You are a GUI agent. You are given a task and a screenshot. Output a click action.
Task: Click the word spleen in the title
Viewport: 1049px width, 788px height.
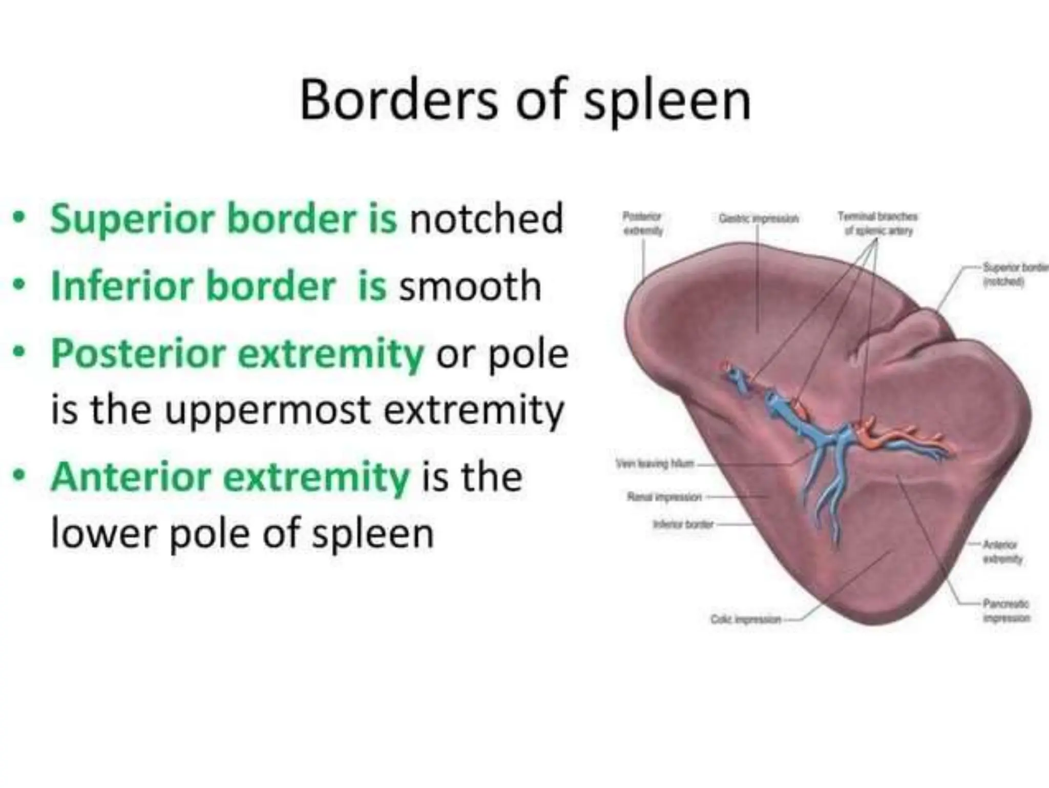pyautogui.click(x=667, y=103)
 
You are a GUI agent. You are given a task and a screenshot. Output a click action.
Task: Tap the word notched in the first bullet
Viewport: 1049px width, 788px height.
pyautogui.click(x=486, y=219)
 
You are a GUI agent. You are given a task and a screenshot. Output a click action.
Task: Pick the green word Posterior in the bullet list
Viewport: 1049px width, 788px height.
pyautogui.click(x=138, y=354)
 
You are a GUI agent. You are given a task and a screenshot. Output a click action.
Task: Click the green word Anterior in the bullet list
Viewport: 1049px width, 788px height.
pyautogui.click(x=131, y=477)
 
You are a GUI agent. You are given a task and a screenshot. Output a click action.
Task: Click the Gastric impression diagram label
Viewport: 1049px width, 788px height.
pyautogui.click(x=759, y=219)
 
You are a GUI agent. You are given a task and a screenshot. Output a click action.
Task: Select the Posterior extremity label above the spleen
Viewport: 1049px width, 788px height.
pyautogui.click(x=642, y=224)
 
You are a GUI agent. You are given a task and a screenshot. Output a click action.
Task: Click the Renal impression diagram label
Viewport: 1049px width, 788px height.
pyautogui.click(x=664, y=497)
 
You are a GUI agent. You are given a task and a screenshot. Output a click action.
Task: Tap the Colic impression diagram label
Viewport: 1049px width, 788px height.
pyautogui.click(x=746, y=620)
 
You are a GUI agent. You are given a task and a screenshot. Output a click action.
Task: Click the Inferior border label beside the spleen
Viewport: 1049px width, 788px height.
pyautogui.click(x=683, y=524)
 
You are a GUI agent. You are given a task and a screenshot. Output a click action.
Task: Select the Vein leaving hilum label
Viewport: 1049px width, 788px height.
pyautogui.click(x=655, y=464)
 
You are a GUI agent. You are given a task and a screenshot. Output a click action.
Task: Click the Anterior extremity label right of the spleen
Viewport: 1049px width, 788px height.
pyautogui.click(x=1002, y=552)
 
